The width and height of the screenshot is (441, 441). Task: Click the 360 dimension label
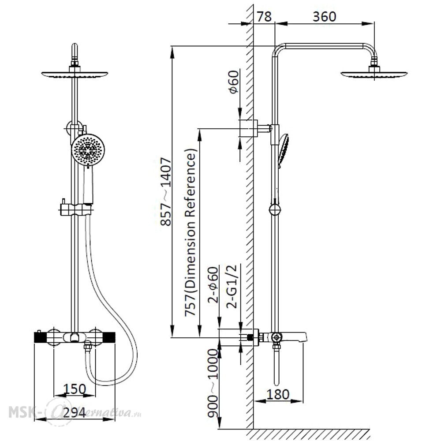[x=324, y=17]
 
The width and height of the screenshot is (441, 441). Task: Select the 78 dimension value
[x=264, y=17]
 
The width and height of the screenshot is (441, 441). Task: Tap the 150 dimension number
[x=75, y=389]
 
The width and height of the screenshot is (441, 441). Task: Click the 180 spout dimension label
[x=278, y=394]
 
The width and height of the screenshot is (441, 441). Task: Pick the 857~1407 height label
[x=166, y=192]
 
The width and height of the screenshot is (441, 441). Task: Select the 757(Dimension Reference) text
[x=190, y=232]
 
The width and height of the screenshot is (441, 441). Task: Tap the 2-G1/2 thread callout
[x=232, y=286]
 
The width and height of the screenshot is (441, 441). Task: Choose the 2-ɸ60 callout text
[x=213, y=284]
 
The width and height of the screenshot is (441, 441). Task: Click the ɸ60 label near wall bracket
[x=233, y=82]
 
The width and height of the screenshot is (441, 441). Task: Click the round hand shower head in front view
[x=88, y=150]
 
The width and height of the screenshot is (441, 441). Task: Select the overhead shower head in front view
[x=75, y=74]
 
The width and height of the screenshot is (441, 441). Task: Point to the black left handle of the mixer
[x=41, y=337]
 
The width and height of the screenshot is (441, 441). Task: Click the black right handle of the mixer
[x=108, y=337]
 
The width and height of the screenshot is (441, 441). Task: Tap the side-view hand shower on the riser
[x=284, y=151]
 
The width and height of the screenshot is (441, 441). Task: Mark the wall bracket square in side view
[x=248, y=128]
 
